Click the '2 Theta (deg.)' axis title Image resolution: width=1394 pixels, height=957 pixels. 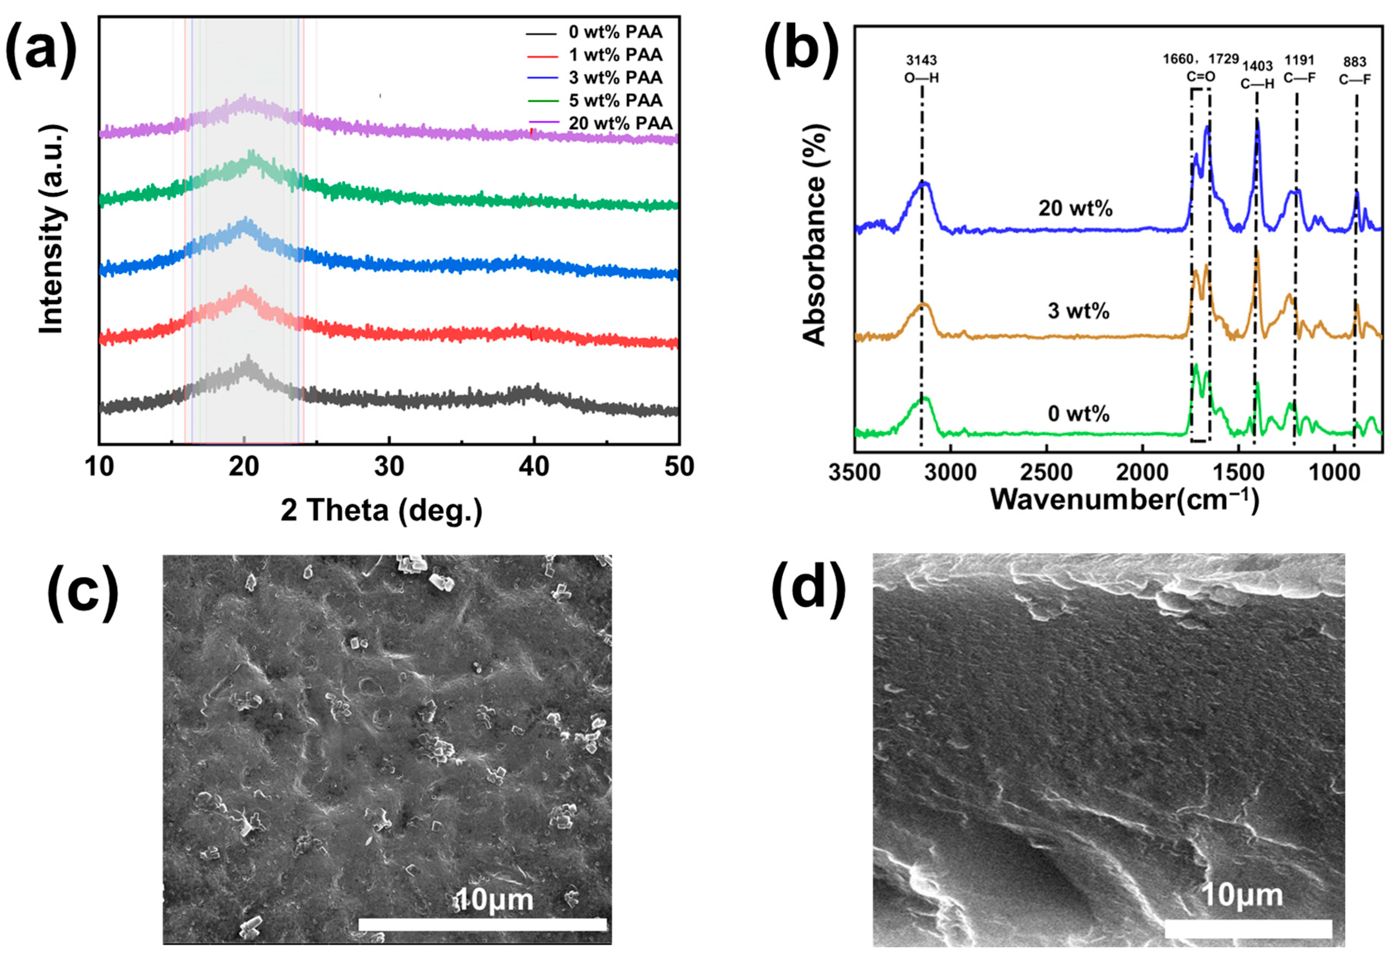(381, 511)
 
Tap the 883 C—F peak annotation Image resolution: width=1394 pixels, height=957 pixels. (1354, 70)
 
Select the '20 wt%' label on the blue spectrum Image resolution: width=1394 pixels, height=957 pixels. (1076, 209)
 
